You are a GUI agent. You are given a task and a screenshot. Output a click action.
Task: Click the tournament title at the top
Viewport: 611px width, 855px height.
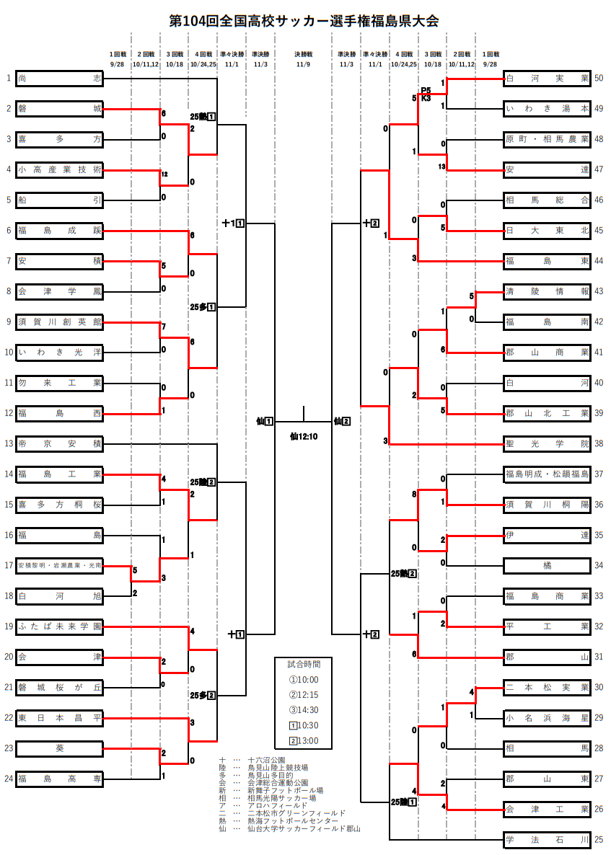pos(304,21)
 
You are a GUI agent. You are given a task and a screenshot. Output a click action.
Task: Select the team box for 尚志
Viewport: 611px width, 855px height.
pos(59,79)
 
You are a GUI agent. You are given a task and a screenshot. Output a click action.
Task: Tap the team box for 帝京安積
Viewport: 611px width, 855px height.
pos(59,444)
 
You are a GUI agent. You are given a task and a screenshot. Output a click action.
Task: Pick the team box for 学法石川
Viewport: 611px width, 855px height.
pos(547,840)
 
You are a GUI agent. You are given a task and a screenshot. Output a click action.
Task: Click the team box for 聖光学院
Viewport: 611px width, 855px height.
pos(547,444)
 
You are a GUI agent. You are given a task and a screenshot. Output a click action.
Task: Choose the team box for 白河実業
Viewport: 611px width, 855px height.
pos(547,79)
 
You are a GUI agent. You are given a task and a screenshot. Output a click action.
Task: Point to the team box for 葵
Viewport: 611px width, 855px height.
pos(59,748)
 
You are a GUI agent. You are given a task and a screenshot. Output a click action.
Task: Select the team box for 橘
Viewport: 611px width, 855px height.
pos(547,566)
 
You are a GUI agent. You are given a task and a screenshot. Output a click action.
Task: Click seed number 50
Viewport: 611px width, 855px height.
pos(599,79)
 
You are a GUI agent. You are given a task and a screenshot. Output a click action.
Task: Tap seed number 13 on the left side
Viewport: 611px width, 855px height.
pos(9,444)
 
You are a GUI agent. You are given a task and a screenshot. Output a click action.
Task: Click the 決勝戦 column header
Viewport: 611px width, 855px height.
pos(303,54)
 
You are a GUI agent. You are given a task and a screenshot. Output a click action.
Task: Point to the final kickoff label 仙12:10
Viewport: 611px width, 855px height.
pos(304,435)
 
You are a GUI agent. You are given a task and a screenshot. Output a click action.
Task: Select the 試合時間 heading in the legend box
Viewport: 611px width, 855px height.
pos(303,663)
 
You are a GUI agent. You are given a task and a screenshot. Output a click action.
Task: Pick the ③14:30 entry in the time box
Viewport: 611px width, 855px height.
pos(303,709)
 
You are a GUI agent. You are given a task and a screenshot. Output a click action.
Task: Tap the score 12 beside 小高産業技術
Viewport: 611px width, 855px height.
pos(165,174)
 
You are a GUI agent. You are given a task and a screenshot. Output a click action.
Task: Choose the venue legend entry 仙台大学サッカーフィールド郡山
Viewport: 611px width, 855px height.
pos(303,829)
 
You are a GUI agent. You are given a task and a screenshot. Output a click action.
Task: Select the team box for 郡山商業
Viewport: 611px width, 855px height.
pos(547,353)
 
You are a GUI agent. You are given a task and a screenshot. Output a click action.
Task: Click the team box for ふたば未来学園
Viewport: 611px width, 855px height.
pos(59,627)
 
